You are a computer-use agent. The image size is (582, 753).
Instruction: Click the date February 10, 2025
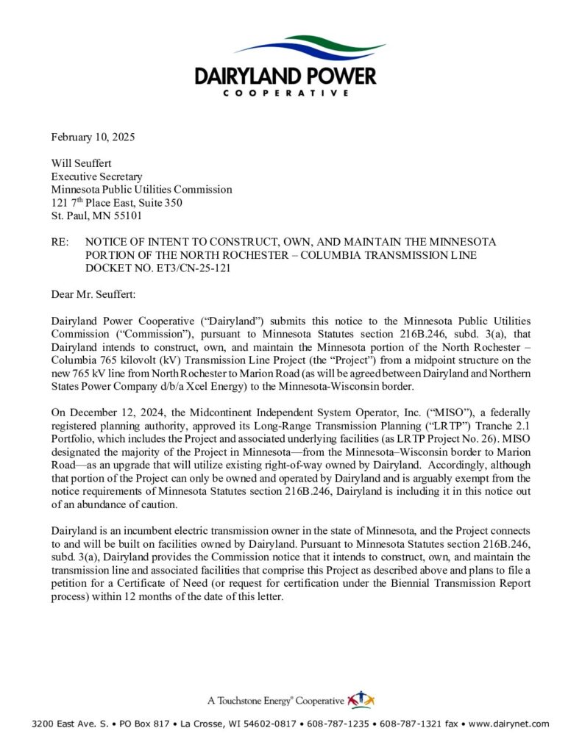pos(93,138)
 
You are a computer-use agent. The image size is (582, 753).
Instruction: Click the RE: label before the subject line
pos(61,242)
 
